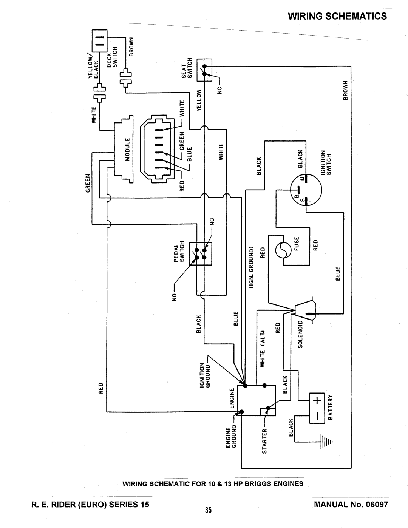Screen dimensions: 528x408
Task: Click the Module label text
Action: click(x=128, y=150)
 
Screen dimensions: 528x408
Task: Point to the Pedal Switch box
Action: click(x=201, y=253)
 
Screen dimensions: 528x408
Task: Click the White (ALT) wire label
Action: click(x=263, y=348)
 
